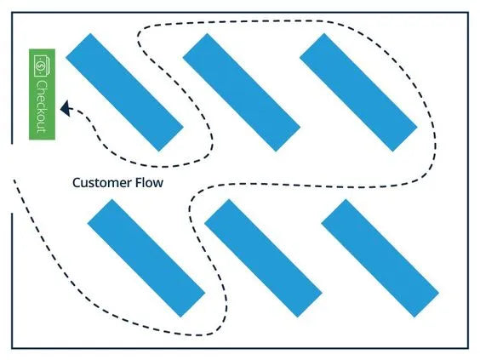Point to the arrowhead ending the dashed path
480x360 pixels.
coord(65,107)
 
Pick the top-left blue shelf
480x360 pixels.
coord(124,92)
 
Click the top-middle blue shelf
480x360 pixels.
coord(242,92)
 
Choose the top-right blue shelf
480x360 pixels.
coord(358,92)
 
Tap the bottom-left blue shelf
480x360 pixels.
coord(146,258)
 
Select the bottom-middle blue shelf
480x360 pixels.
coord(263,258)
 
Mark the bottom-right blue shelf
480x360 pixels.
coord(380,258)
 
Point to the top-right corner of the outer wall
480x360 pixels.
coord(468,13)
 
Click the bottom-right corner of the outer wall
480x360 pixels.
coord(468,347)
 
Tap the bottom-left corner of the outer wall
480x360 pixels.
coord(12,347)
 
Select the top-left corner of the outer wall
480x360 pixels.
coord(12,13)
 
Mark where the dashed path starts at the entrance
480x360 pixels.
coord(15,181)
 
